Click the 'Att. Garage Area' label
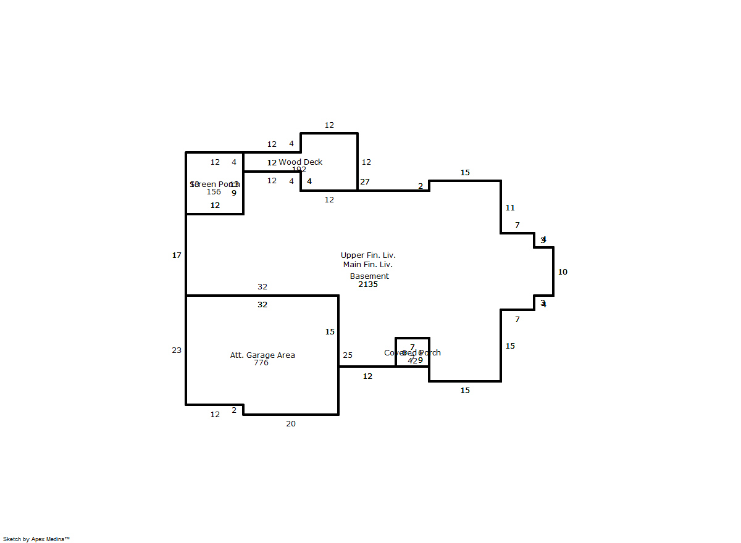(262, 355)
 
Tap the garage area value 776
(261, 363)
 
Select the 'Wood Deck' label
(300, 162)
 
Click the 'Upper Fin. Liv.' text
(368, 255)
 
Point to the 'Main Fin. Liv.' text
(368, 265)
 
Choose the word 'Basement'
(369, 276)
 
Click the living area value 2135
(368, 284)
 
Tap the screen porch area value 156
(214, 192)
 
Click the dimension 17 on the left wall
(177, 255)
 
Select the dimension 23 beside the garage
(177, 350)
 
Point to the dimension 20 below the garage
(291, 423)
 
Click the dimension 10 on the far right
(563, 271)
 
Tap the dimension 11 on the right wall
(510, 207)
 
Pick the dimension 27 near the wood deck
(365, 181)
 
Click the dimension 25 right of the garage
(348, 355)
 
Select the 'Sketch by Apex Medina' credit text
(36, 539)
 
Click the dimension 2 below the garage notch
(234, 410)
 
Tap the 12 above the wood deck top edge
(329, 125)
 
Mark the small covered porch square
(412, 352)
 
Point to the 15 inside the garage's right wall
(330, 331)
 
